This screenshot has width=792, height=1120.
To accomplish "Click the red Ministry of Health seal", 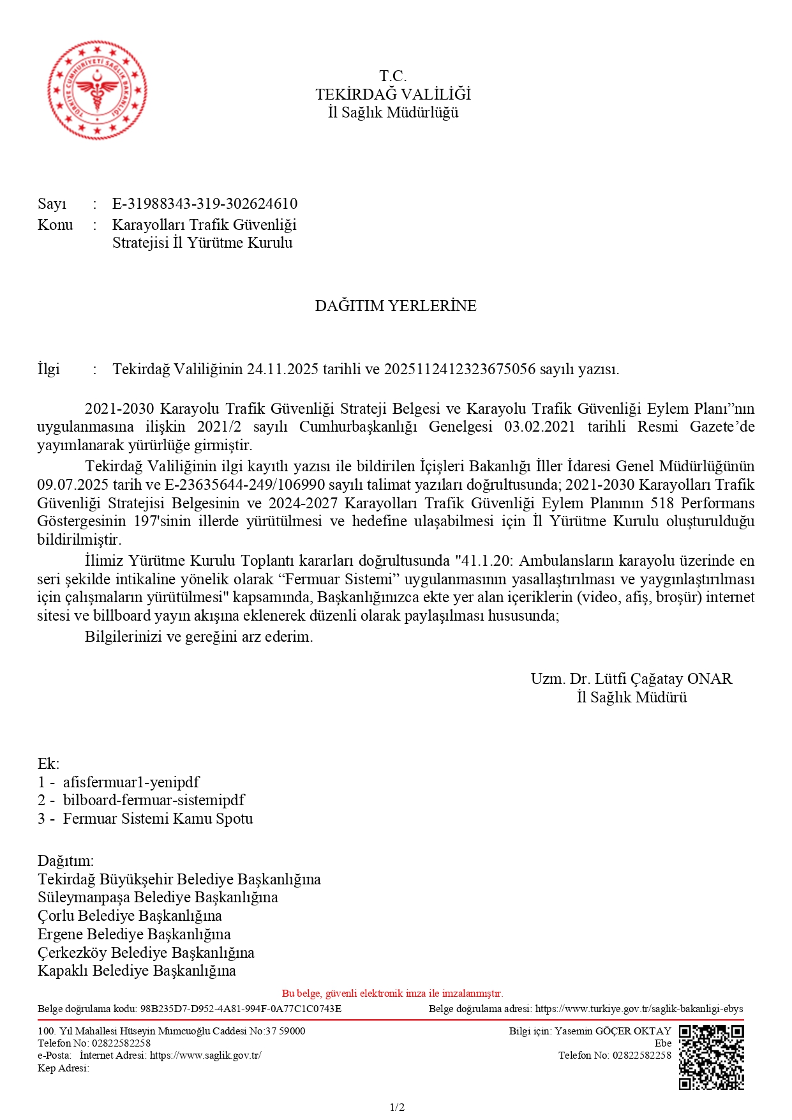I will [x=97, y=90].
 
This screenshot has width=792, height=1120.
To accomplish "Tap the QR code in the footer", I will [x=711, y=1057].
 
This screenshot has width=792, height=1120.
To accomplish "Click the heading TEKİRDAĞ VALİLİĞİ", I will [x=393, y=95].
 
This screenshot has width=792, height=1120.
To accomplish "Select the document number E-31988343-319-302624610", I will [x=205, y=204].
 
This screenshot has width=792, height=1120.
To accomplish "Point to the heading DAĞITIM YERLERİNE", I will [x=396, y=306].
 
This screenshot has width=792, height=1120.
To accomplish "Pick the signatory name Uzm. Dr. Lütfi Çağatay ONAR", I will [x=631, y=679].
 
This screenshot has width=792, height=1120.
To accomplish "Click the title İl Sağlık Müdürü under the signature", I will [x=632, y=697].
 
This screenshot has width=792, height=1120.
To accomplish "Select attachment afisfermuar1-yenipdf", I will [x=131, y=782].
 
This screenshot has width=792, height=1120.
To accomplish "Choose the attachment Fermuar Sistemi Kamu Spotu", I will [x=158, y=819].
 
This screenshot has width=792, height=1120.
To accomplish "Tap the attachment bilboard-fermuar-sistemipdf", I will [x=153, y=800].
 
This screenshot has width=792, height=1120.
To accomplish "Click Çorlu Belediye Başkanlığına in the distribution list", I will [x=130, y=916].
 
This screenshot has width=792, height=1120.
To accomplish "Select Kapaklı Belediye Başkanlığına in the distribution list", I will [x=137, y=971].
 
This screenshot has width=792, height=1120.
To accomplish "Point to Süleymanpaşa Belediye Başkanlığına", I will [x=158, y=897].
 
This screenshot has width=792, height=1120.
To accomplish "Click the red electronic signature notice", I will [x=392, y=994].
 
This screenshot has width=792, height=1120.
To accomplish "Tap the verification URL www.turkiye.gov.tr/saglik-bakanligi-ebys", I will [x=639, y=1009].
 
